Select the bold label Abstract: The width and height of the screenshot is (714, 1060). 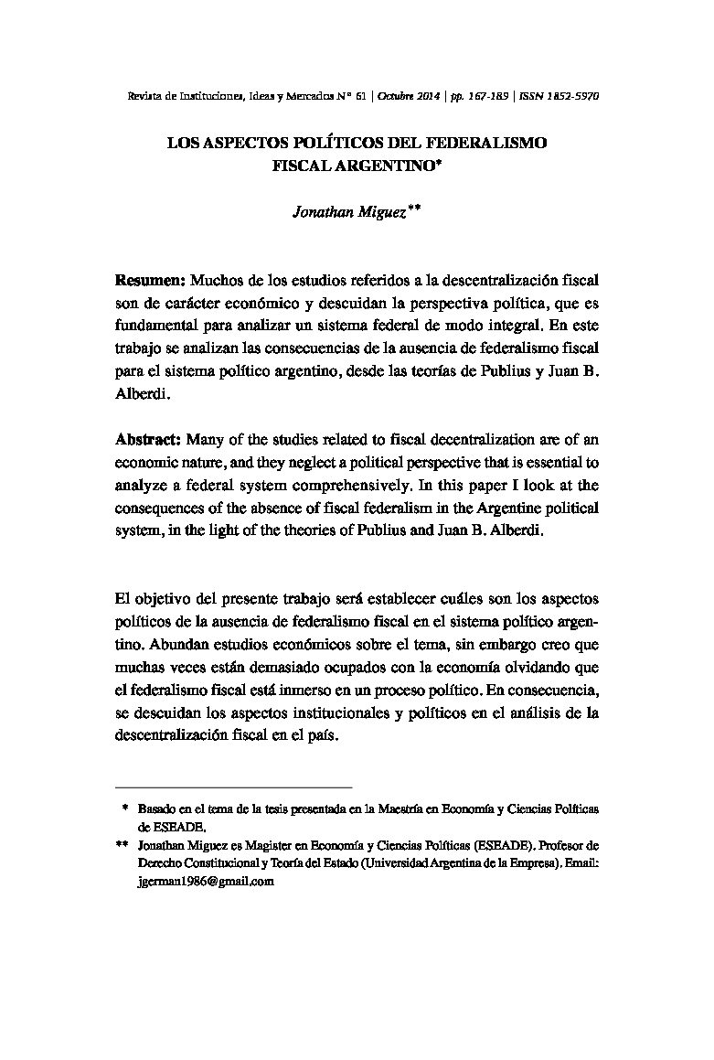tap(150, 439)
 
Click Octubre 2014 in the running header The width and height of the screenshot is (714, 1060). tap(410, 95)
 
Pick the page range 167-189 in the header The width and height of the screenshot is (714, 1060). tap(487, 95)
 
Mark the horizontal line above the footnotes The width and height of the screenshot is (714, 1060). tap(234, 787)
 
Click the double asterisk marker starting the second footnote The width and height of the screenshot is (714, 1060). tap(123, 846)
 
